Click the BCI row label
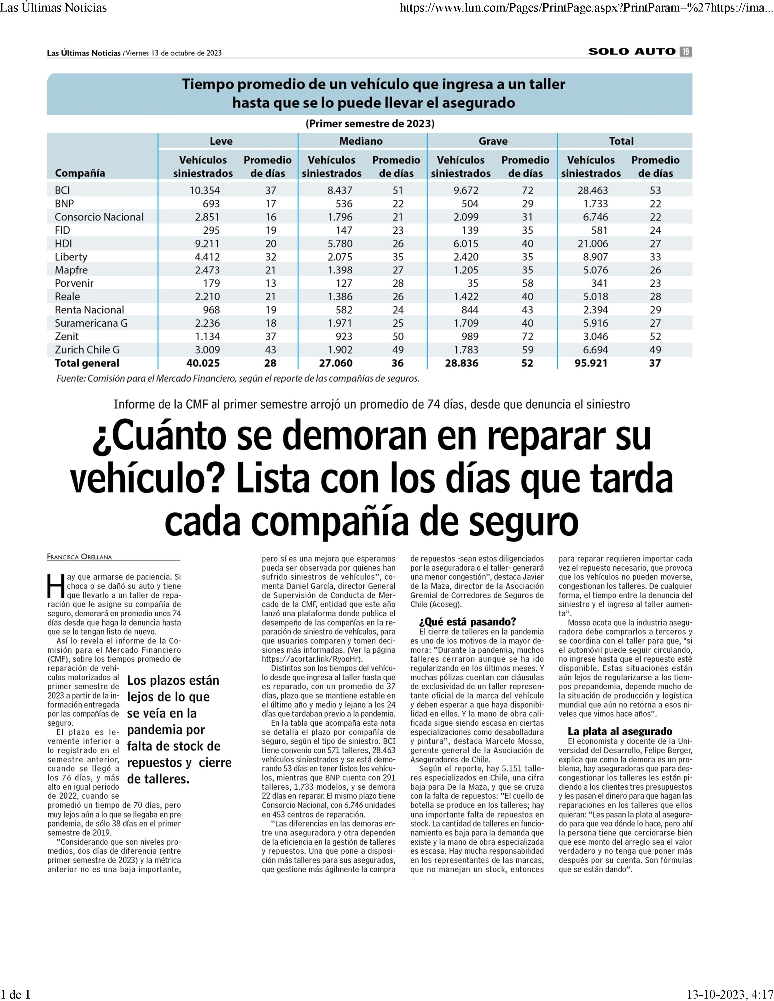(x=62, y=190)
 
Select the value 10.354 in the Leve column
(x=205, y=190)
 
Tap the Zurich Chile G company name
(x=87, y=350)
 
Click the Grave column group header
(x=493, y=141)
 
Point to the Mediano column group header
(x=361, y=141)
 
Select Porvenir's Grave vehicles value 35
(x=473, y=283)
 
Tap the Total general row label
(x=87, y=363)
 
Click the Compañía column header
(x=80, y=173)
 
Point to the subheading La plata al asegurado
(x=620, y=731)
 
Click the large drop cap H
(x=56, y=586)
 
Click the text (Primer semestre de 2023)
(x=370, y=123)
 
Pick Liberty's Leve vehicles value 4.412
(x=207, y=257)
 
